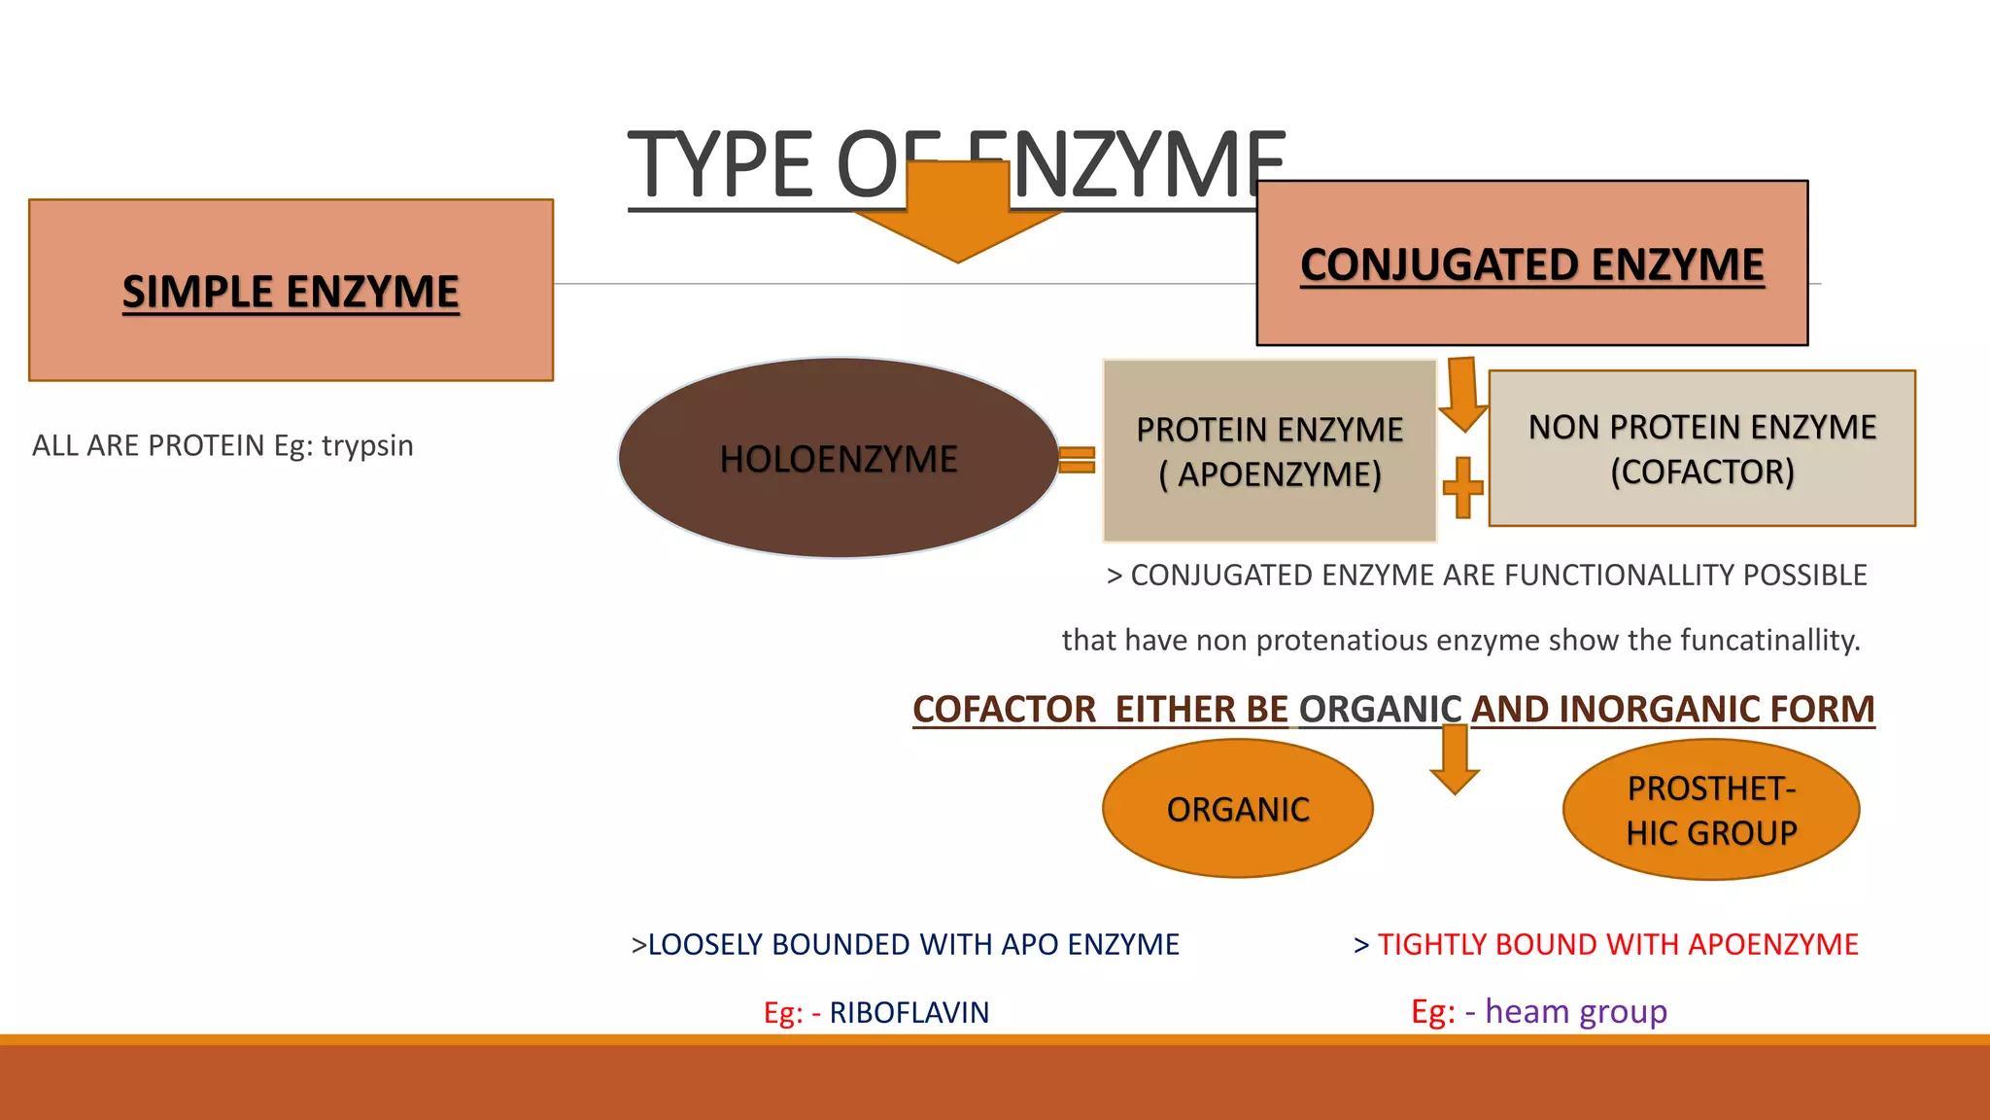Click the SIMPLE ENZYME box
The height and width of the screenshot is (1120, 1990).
(291, 290)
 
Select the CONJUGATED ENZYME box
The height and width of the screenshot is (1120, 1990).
(1531, 262)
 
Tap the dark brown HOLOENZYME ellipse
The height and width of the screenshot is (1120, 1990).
(839, 458)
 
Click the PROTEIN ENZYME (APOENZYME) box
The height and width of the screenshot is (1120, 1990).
(1269, 450)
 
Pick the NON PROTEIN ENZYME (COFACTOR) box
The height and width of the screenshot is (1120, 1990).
(1701, 448)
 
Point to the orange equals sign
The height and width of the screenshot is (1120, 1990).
(1077, 460)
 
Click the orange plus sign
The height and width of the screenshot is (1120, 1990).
(1462, 487)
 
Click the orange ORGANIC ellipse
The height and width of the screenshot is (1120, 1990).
(1237, 809)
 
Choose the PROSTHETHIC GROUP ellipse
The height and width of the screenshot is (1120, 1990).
(1710, 810)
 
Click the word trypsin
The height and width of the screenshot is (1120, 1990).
(367, 445)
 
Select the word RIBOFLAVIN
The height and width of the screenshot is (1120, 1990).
(909, 1012)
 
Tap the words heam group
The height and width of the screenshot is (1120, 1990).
(1575, 1011)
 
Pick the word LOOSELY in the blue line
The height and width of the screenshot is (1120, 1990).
(704, 944)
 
